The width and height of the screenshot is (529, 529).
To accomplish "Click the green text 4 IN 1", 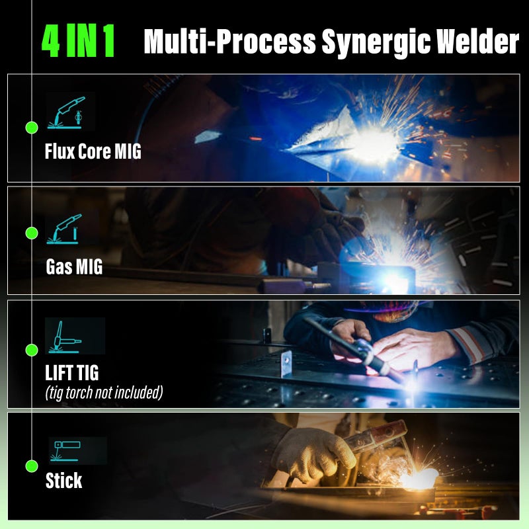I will pos(78,42).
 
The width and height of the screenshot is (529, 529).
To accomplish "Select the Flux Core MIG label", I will pos(93,151).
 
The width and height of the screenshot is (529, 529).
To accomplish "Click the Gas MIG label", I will pos(74,267).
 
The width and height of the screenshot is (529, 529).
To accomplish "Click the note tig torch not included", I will pos(104,393).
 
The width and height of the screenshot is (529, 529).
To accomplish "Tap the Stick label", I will pos(64,481).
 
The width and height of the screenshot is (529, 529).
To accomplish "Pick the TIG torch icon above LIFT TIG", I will pos(64,336).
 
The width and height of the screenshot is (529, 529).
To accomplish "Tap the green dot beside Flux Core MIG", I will pos(31,126).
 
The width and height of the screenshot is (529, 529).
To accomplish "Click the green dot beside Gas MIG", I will pos(31,233).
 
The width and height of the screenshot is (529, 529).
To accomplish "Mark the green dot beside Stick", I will pos(31,466).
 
